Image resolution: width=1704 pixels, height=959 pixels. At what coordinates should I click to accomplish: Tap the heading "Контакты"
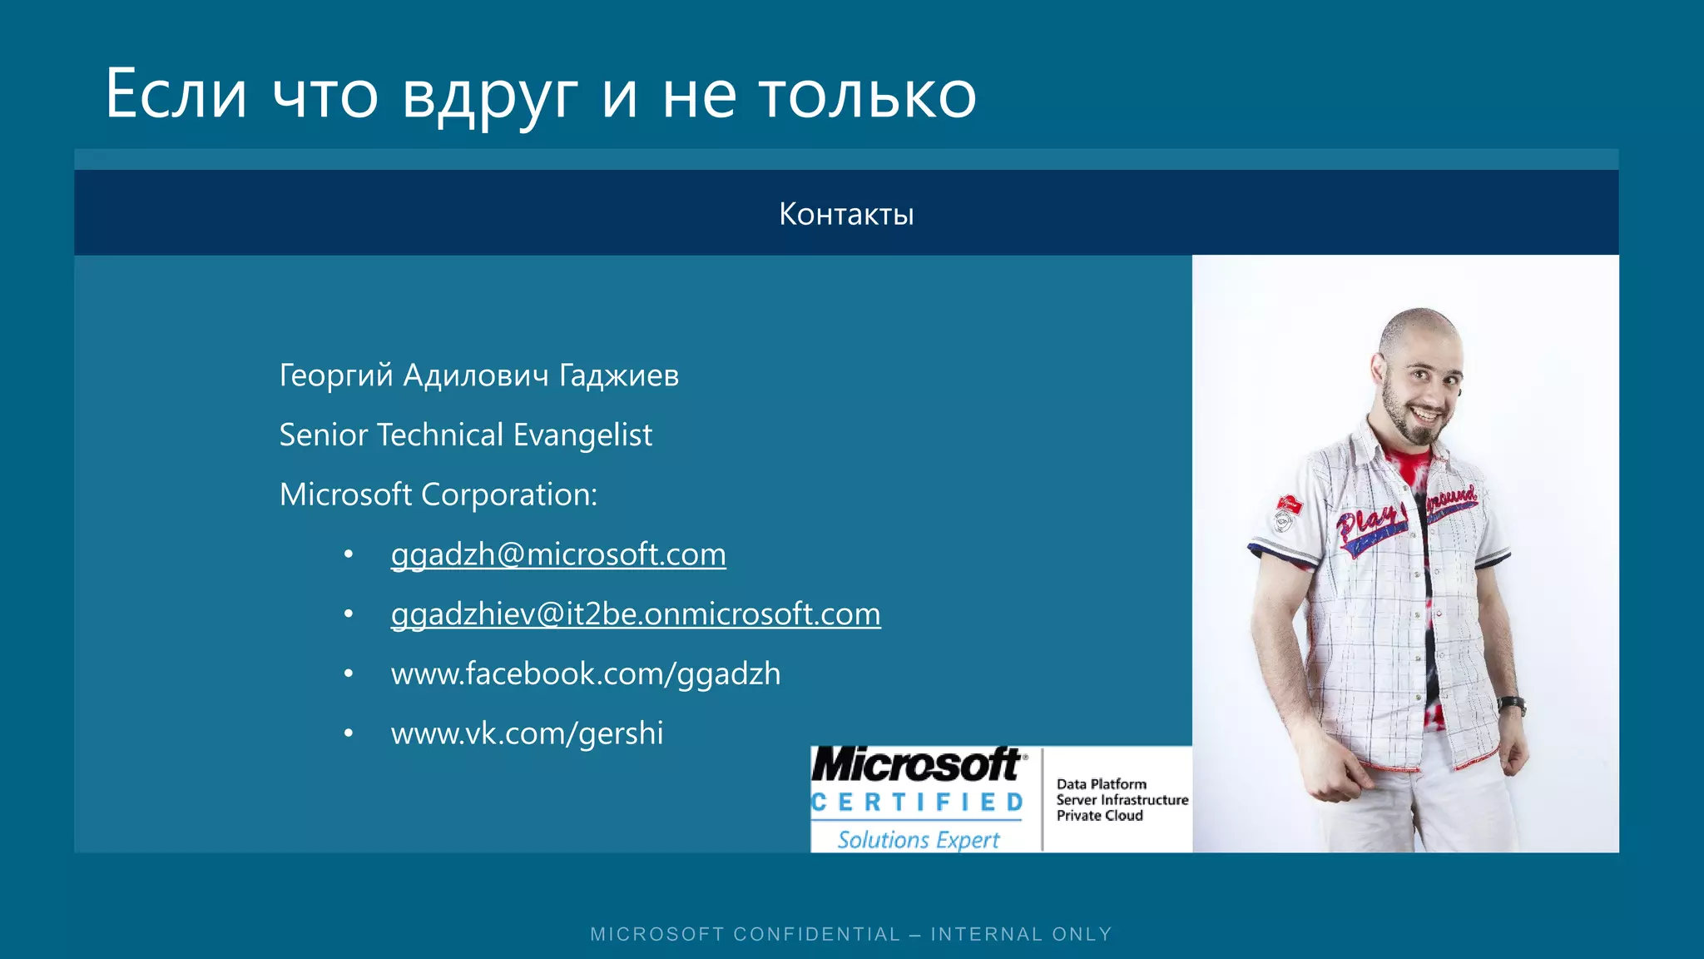[x=846, y=214]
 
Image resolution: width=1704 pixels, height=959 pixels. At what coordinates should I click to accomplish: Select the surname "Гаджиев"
[x=619, y=375]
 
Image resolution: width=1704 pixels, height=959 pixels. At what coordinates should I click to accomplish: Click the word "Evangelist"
[x=582, y=435]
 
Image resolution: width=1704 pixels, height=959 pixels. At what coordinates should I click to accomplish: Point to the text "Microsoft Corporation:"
[x=438, y=494]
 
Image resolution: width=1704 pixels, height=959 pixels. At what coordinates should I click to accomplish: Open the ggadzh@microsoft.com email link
[x=558, y=554]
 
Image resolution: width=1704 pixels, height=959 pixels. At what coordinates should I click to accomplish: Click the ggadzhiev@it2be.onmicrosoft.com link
[x=636, y=614]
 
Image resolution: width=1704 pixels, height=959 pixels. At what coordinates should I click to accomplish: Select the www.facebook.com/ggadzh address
[x=586, y=673]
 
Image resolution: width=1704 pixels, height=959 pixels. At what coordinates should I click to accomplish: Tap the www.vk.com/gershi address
[x=528, y=733]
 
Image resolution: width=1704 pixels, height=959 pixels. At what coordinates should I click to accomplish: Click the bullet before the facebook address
[x=349, y=673]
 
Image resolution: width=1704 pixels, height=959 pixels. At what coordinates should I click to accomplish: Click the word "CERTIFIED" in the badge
[x=917, y=802]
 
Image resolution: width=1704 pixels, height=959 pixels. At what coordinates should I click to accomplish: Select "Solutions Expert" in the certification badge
[x=918, y=839]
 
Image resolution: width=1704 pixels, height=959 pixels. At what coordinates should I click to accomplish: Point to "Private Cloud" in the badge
[x=1099, y=816]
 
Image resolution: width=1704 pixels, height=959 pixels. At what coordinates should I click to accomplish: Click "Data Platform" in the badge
[x=1101, y=784]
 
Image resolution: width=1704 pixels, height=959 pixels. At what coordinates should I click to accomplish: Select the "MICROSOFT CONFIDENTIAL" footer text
[x=745, y=934]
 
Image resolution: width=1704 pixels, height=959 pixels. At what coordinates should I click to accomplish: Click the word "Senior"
[x=323, y=435]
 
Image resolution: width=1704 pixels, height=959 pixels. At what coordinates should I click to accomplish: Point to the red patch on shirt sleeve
[x=1288, y=504]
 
